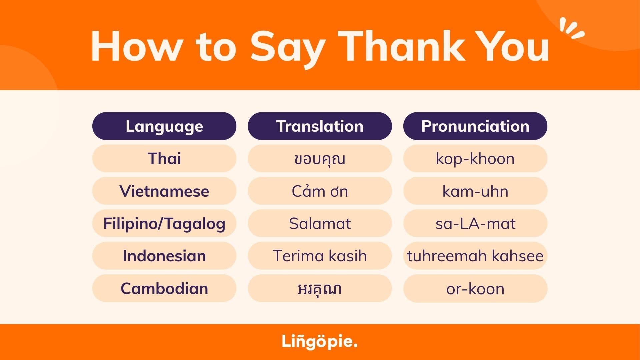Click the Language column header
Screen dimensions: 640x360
click(164, 126)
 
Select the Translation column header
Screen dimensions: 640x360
click(320, 126)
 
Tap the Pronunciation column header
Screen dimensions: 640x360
click(475, 126)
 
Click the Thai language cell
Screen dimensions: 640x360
click(164, 158)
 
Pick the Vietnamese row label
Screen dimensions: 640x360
click(164, 191)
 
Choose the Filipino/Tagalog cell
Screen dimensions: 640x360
click(164, 223)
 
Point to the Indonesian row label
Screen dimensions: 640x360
click(164, 256)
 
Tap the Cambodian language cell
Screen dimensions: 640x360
click(164, 288)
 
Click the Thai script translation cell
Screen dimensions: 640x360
click(320, 158)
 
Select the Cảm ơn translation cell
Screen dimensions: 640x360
click(320, 191)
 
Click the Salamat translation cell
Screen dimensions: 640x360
click(320, 223)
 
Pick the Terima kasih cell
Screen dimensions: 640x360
click(320, 256)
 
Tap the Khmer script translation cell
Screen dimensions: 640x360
click(320, 288)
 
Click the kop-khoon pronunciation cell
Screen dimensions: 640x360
click(475, 158)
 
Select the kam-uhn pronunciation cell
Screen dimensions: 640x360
click(475, 191)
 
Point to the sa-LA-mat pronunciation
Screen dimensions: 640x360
click(475, 223)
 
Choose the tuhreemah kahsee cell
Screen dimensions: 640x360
click(475, 256)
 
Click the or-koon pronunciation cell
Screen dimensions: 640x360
click(475, 288)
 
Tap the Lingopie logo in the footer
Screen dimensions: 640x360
click(320, 342)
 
